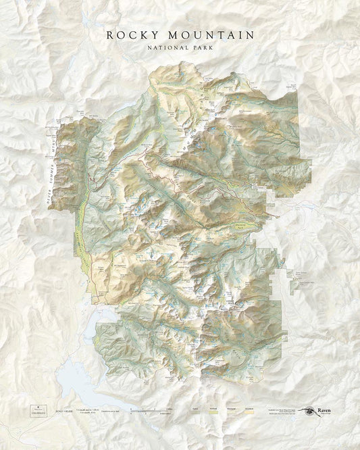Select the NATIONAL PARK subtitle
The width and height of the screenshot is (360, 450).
(180, 47)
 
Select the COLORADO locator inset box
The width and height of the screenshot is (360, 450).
(36, 409)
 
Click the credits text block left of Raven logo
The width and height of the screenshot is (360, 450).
(284, 410)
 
